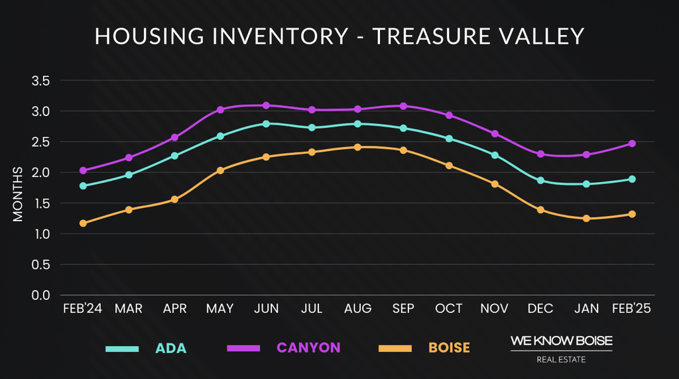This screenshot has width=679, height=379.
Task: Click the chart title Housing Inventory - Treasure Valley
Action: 339,36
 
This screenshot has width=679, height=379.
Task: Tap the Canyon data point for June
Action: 266,105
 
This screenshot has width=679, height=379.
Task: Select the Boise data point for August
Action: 357,147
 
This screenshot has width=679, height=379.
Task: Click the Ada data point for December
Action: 540,180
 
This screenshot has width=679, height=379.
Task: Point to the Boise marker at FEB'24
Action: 83,223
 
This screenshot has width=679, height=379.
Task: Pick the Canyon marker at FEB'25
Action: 632,143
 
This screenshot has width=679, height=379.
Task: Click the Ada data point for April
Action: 174,156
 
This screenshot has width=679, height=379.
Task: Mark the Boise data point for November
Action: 495,184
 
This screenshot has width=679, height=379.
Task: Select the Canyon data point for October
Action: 449,115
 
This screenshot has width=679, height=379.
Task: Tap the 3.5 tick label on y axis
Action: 41,81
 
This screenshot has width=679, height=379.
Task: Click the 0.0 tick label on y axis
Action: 41,296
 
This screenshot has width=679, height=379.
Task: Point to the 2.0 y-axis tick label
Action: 41,173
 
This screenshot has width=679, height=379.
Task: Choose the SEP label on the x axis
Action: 403,309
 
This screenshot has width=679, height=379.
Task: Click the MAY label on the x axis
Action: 220,309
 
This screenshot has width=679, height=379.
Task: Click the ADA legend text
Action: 171,349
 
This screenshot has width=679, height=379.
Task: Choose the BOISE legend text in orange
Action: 449,348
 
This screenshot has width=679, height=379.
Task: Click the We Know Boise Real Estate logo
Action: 561,349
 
